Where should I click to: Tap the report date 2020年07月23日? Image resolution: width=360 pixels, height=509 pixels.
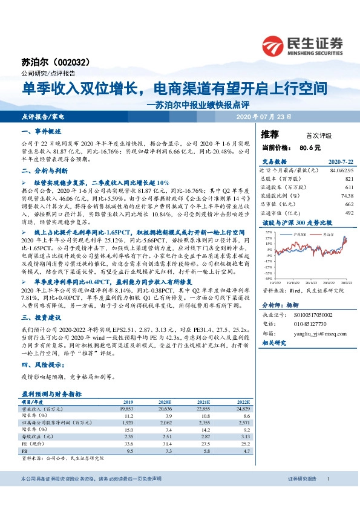[263, 115]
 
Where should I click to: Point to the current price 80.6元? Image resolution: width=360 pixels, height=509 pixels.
[310, 147]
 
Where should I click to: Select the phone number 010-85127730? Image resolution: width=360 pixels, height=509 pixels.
[308, 324]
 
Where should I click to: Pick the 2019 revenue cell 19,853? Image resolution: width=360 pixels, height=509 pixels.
[127, 409]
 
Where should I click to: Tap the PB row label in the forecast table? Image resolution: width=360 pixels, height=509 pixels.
[25, 451]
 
